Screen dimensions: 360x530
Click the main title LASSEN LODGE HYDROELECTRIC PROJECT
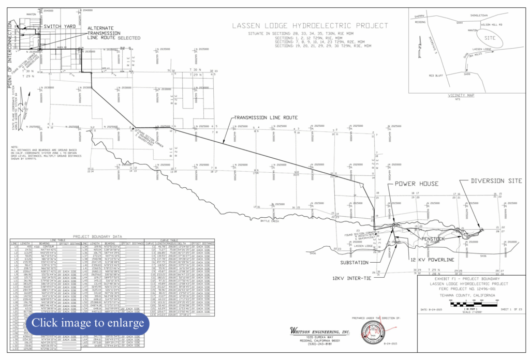click(310, 25)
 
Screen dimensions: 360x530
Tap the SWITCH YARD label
click(60, 26)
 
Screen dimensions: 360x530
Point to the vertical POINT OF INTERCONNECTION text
click(10, 60)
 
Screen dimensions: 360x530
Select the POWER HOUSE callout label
click(417, 184)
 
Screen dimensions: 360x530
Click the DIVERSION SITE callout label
click(496, 181)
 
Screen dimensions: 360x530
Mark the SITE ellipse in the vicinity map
click(492, 38)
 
